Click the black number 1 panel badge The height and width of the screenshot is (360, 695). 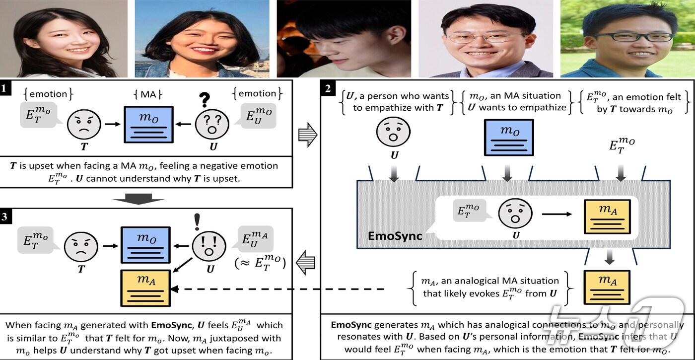(x=5, y=89)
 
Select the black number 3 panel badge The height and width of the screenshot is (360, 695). (x=5, y=216)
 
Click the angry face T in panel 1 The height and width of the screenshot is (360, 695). (x=84, y=124)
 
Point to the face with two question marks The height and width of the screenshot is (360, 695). (x=212, y=124)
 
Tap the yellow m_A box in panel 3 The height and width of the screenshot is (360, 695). (x=145, y=288)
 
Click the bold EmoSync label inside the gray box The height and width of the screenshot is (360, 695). (x=395, y=235)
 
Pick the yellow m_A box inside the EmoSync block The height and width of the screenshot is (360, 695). (x=608, y=217)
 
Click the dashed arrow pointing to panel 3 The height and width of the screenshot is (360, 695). (x=278, y=289)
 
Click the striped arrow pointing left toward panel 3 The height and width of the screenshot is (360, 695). (x=308, y=263)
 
